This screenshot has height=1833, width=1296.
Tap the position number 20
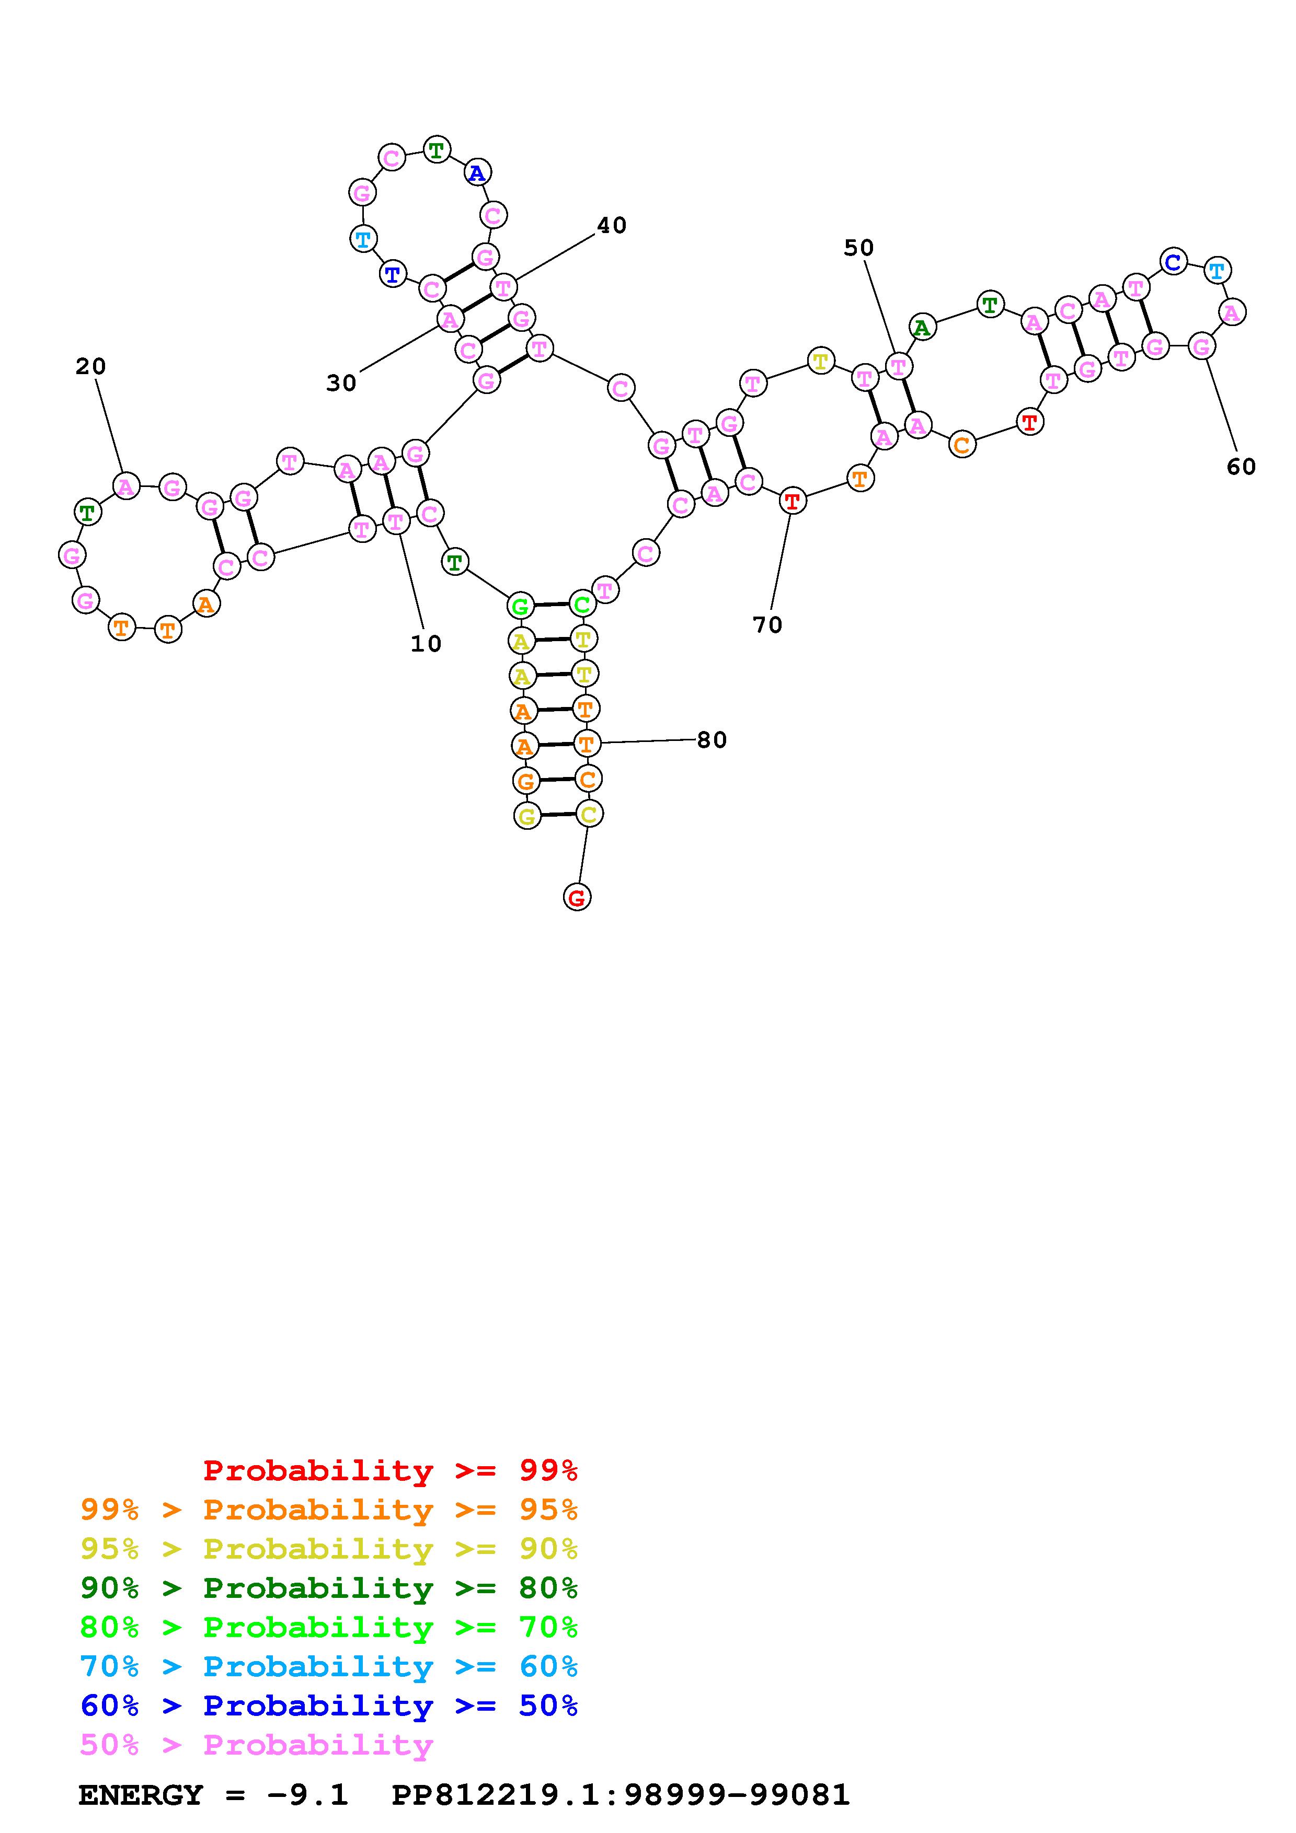point(90,366)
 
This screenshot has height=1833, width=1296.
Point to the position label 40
point(612,226)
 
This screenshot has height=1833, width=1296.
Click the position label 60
point(1241,467)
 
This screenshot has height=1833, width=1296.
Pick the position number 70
point(767,625)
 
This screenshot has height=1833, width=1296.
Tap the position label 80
point(712,740)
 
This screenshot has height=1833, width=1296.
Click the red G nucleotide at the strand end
point(577,897)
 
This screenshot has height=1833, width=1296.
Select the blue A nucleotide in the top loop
point(477,172)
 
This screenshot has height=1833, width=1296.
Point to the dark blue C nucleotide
point(1173,261)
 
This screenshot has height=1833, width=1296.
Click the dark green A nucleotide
point(922,327)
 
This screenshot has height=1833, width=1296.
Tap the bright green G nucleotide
point(520,607)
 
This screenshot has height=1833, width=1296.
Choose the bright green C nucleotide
point(581,605)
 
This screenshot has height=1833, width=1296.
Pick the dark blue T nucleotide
point(393,275)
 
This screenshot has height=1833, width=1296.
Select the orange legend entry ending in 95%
point(329,1510)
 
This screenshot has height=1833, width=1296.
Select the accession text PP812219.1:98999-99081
point(621,1795)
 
